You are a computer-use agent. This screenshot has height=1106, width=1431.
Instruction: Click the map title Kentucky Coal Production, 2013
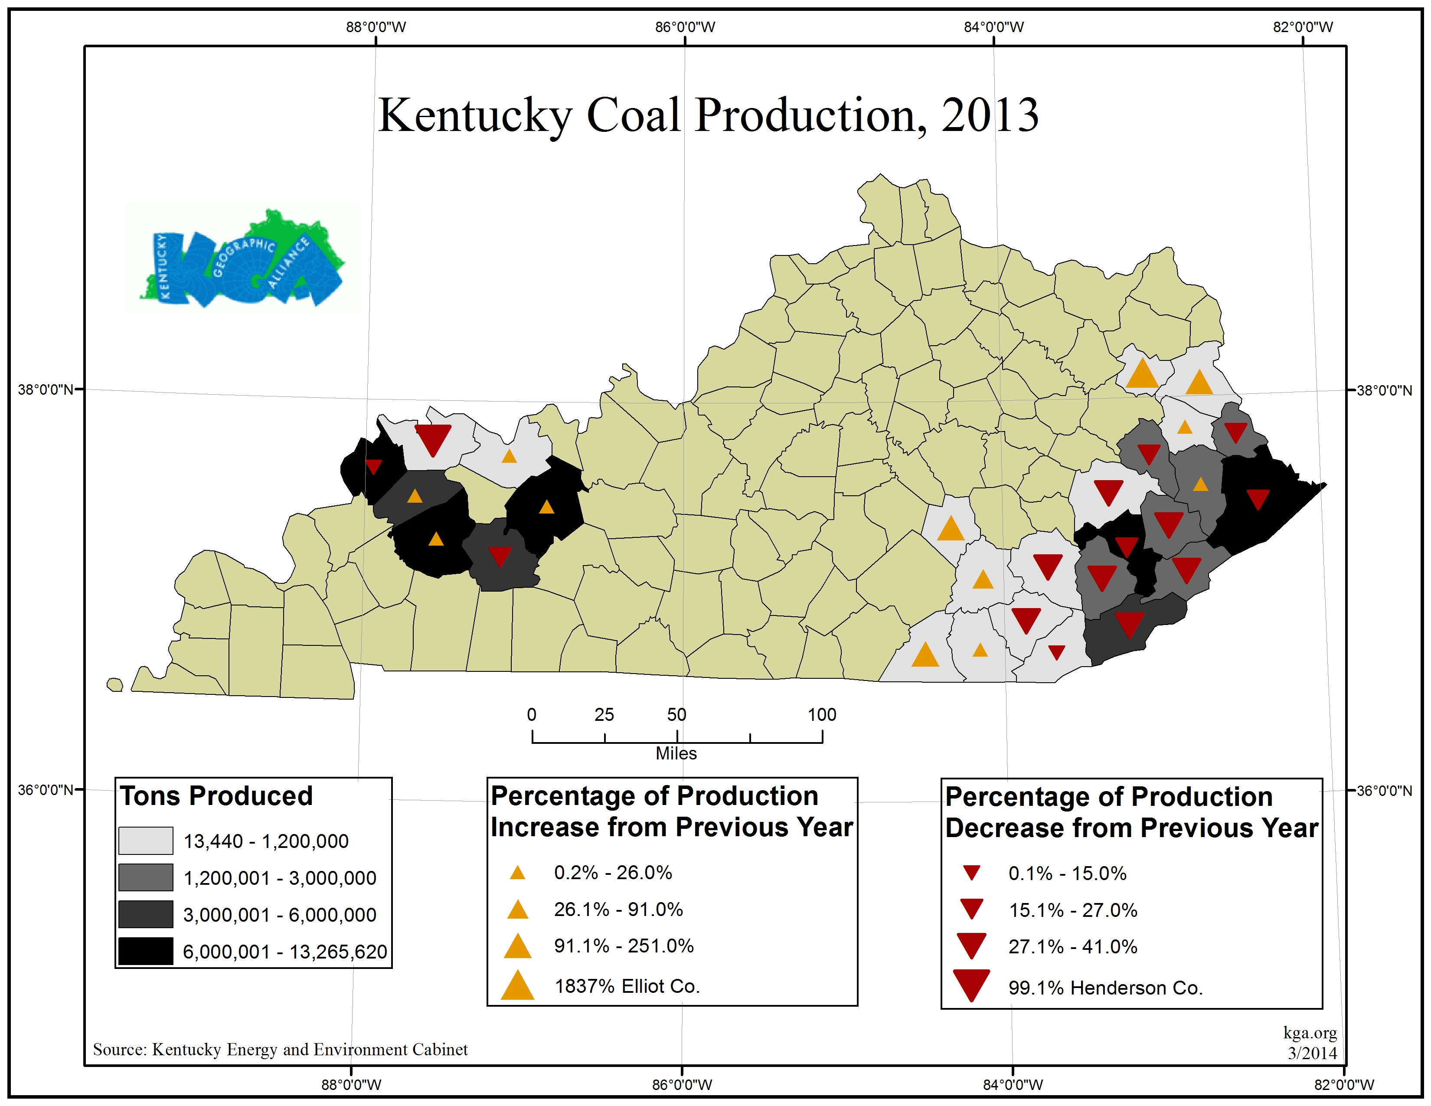coord(708,115)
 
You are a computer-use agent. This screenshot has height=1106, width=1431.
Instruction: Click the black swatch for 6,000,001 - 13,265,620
coord(145,951)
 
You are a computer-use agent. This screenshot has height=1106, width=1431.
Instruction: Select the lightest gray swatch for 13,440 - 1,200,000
coord(145,841)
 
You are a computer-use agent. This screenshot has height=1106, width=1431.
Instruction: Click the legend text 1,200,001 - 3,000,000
coord(280,878)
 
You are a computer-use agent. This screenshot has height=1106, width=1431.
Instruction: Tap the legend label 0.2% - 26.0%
coord(613,873)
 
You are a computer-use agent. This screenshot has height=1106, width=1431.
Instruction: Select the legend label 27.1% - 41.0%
coord(1072,947)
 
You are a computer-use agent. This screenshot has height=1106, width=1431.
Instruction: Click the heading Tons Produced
coord(216,796)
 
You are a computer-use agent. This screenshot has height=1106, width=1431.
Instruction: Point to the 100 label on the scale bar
coord(822,715)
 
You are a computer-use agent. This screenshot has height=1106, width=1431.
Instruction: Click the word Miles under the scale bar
coord(676,753)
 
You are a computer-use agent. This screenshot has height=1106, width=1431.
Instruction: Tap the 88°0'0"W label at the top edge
coord(376,27)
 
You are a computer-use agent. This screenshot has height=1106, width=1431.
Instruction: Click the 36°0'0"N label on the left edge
coord(45,790)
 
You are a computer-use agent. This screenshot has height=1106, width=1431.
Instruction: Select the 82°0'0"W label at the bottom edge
coord(1344,1084)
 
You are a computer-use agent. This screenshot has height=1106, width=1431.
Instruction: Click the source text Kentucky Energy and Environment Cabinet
coord(281,1050)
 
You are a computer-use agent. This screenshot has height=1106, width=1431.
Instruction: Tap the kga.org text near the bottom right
coord(1310,1033)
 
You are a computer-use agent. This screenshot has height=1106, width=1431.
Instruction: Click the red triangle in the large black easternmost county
coord(1258,499)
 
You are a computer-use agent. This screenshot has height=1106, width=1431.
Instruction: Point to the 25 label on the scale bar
coord(604,715)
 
